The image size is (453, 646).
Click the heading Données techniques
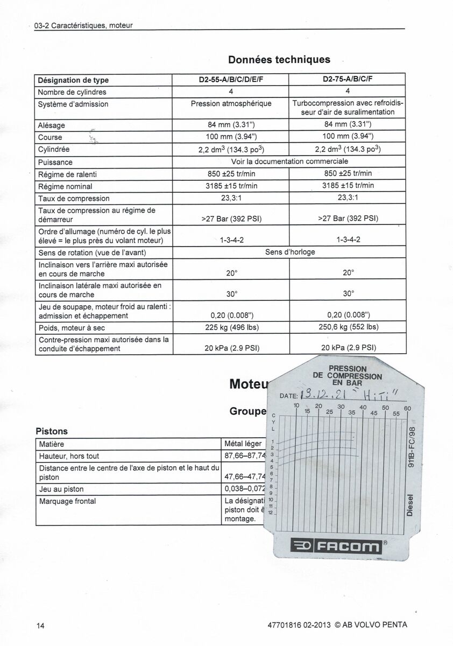[279, 59]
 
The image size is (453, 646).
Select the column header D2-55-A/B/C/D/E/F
[231, 80]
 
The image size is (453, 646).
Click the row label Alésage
[52, 125]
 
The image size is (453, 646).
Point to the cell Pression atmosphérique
[231, 103]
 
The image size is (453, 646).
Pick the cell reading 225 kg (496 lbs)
[232, 327]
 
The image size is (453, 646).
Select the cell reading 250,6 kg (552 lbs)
[348, 327]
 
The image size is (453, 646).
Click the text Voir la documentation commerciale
[289, 161]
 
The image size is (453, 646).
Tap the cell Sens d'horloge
[289, 252]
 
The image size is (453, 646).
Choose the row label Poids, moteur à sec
[72, 327]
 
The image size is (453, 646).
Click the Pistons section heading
[51, 431]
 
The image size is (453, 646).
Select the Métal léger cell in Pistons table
[243, 444]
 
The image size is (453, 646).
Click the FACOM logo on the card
[336, 547]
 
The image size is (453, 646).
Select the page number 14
[40, 625]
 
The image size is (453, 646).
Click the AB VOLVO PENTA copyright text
[371, 625]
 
